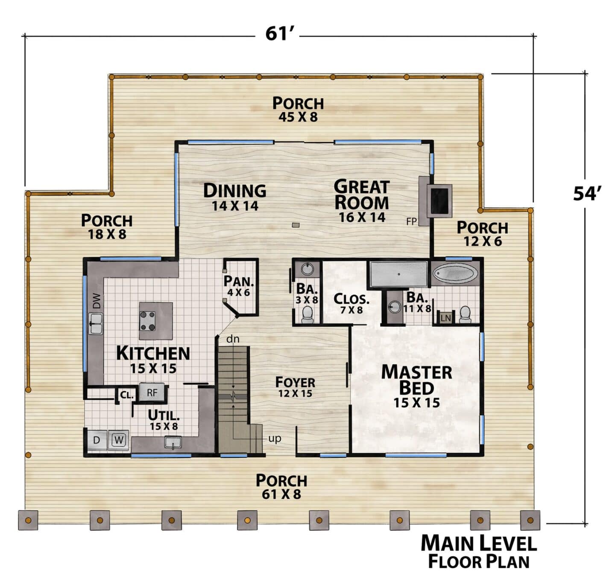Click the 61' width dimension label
(277, 34)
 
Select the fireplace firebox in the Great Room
(440, 201)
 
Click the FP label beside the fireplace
(411, 221)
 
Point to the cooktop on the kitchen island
(147, 321)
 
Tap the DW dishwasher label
(97, 300)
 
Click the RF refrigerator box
(152, 393)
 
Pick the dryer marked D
(97, 440)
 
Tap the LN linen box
(445, 318)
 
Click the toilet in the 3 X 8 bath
(307, 315)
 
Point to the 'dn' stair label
(233, 339)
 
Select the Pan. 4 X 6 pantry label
(239, 286)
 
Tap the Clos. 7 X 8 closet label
(351, 304)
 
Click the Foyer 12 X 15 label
(295, 387)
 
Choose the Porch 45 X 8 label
(298, 109)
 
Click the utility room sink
(173, 442)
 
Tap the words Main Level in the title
(478, 543)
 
